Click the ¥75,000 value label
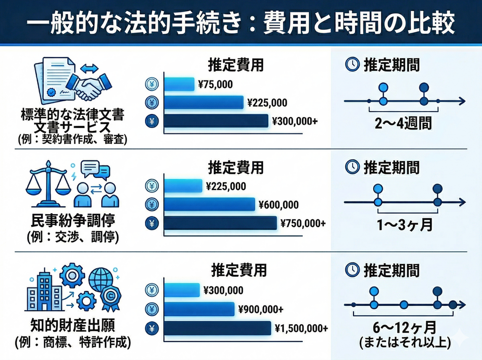pos(215,85)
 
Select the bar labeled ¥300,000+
pos(216,121)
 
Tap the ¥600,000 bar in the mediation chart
pos(209,205)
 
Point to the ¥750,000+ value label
pos(303,223)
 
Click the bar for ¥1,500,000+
pos(217,328)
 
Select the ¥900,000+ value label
pos(260,309)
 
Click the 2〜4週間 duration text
pos(403,124)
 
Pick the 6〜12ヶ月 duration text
pos(403,326)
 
